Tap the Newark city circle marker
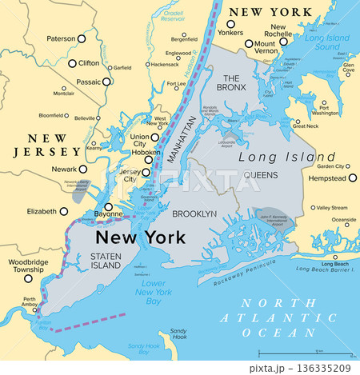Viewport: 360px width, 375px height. (x=83, y=170)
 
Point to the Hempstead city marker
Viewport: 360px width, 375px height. (x=353, y=178)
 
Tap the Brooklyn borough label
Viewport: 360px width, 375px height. (x=195, y=214)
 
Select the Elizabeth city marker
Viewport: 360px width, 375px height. (x=64, y=211)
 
